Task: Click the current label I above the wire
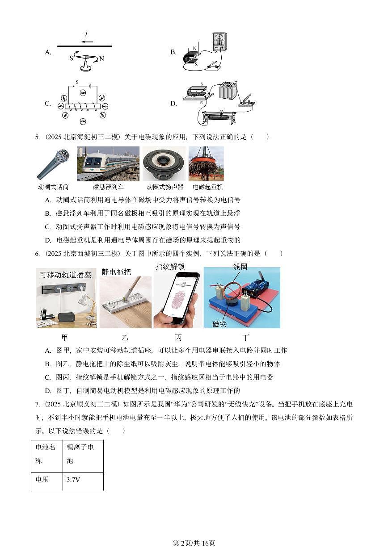[86, 34]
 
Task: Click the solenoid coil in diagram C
[82, 107]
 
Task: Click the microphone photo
[53, 164]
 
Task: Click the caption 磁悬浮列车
[108, 187]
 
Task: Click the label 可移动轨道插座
[65, 275]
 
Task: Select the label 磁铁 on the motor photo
[219, 324]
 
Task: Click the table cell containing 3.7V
[83, 481]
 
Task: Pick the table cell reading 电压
[46, 481]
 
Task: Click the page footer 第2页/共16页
[194, 543]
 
